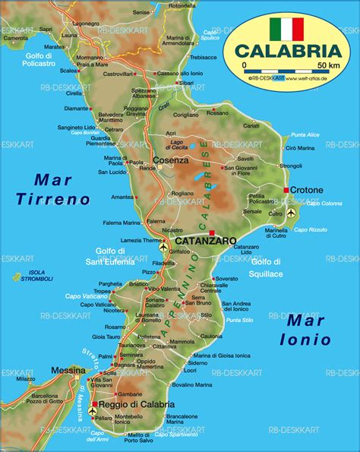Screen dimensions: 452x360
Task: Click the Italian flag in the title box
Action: pyautogui.click(x=286, y=29)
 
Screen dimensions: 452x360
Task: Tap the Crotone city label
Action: pyautogui.click(x=307, y=190)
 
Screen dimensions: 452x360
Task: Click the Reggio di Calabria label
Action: pyautogui.click(x=134, y=404)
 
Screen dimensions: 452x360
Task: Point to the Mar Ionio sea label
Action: pyautogui.click(x=305, y=330)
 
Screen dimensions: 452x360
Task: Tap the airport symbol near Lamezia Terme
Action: pyautogui.click(x=163, y=247)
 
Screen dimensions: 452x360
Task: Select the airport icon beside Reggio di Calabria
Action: pyautogui.click(x=93, y=410)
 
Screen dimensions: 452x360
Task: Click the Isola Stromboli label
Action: pyautogui.click(x=38, y=275)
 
